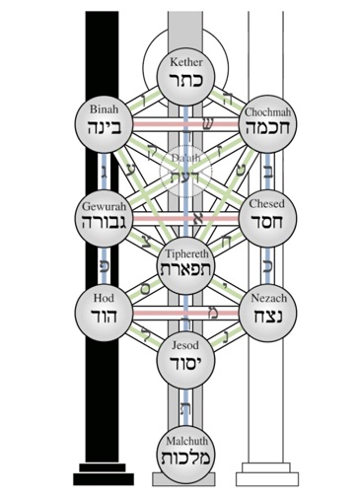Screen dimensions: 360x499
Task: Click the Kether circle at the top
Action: click(180, 72)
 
